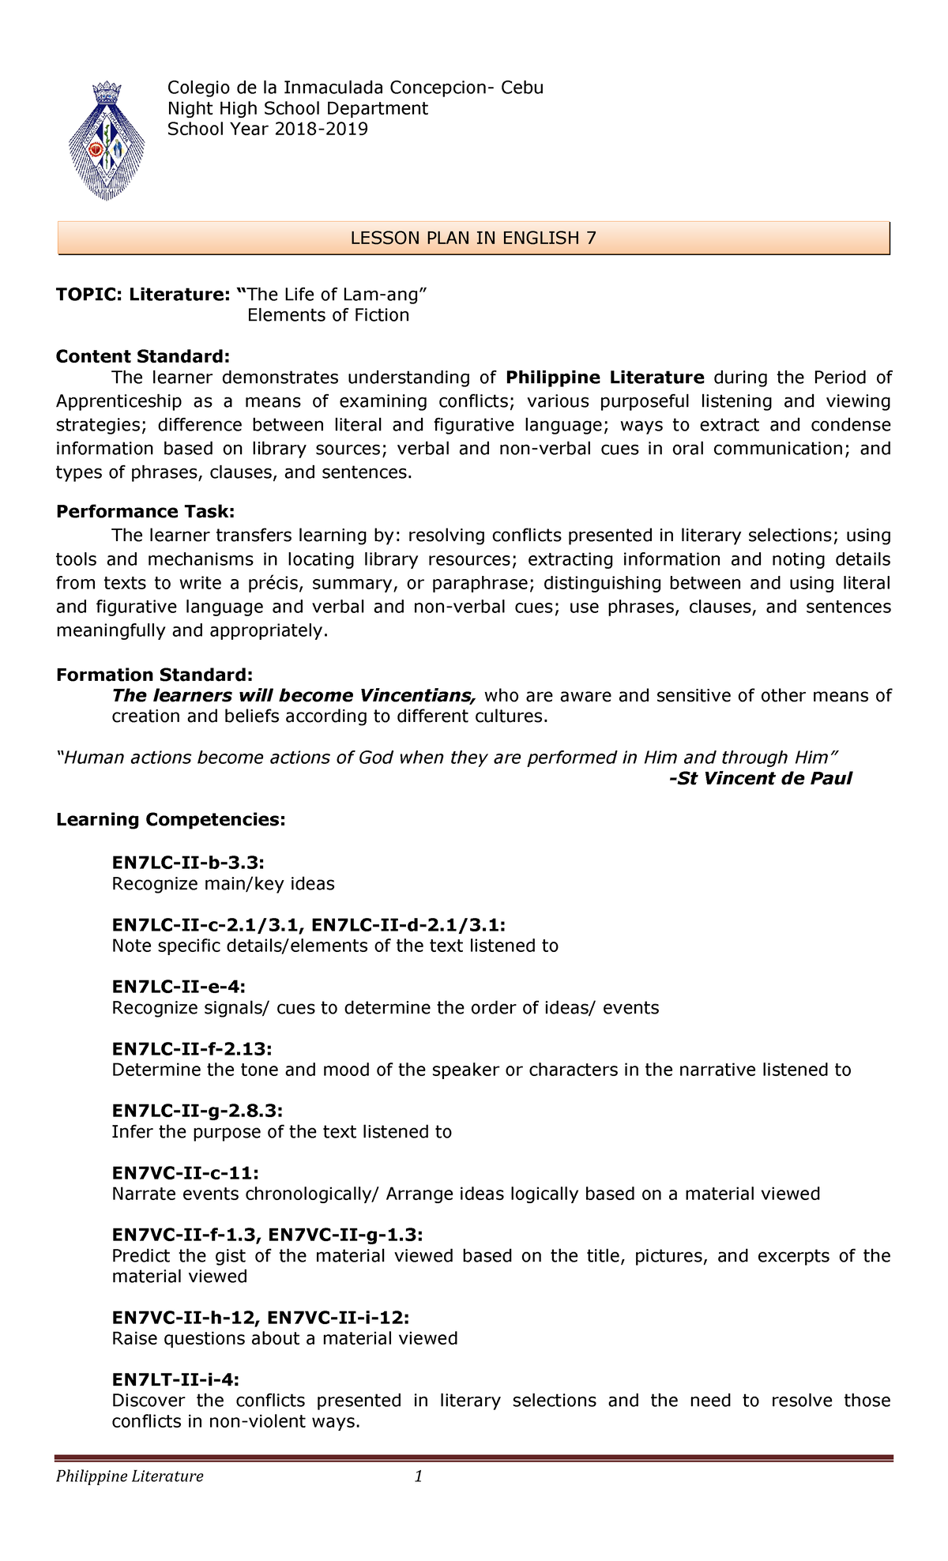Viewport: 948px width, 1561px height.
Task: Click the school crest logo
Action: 107,139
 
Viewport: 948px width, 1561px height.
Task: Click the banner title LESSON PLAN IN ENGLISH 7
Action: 473,239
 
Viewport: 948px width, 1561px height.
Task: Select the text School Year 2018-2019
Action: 267,129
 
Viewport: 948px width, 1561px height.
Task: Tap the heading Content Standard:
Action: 143,356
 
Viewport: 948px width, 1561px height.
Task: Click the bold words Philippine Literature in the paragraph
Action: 604,378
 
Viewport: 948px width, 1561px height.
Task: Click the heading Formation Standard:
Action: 155,675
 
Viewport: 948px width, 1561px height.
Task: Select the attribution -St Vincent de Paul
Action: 760,778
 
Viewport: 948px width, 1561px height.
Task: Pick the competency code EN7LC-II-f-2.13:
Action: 192,1048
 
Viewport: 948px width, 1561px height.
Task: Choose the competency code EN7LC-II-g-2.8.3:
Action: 197,1110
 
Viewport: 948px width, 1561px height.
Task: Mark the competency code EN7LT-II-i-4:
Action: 175,1379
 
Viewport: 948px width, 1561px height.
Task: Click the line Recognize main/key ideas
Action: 223,883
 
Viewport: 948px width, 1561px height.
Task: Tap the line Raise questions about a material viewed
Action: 284,1338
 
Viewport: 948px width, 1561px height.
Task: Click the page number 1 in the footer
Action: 419,1476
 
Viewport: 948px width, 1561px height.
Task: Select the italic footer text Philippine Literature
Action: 130,1476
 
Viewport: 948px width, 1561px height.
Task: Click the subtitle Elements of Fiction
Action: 328,315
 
